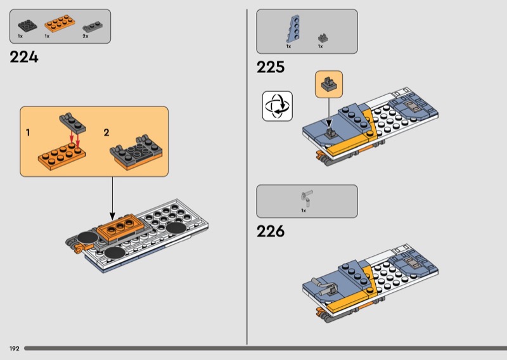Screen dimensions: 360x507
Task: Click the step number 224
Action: (24, 57)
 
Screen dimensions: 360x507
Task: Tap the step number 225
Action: (271, 67)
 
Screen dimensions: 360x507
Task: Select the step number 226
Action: (271, 231)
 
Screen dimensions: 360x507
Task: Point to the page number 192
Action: (14, 349)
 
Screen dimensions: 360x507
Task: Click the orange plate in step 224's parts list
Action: (58, 26)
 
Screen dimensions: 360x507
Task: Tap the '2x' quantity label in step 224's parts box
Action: (86, 37)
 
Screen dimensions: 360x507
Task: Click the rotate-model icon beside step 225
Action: (277, 106)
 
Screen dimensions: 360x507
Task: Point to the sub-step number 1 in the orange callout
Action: (28, 132)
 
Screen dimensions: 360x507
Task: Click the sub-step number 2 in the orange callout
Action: (106, 132)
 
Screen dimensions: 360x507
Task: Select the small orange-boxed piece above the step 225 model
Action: (329, 84)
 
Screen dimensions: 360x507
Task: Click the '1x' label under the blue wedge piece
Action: (288, 46)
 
